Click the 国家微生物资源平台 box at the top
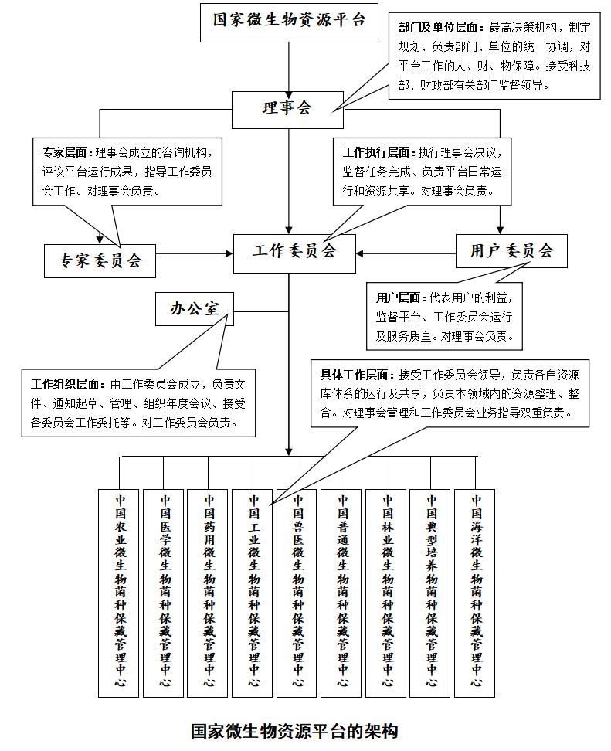(289, 22)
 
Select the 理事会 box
(288, 110)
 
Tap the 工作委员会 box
(294, 253)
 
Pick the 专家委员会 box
(100, 261)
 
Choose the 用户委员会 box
(511, 251)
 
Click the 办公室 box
(195, 309)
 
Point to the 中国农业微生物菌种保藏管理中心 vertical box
(119, 593)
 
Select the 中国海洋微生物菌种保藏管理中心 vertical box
(474, 593)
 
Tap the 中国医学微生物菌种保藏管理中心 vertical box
(163, 593)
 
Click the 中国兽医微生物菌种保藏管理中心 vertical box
(297, 593)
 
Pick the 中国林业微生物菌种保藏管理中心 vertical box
(386, 593)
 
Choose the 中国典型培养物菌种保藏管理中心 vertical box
(430, 593)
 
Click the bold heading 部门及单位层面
(441, 27)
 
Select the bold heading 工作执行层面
(378, 153)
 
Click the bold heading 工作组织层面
(68, 385)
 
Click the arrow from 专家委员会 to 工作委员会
(195, 253)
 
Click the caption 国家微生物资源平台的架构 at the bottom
(294, 732)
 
